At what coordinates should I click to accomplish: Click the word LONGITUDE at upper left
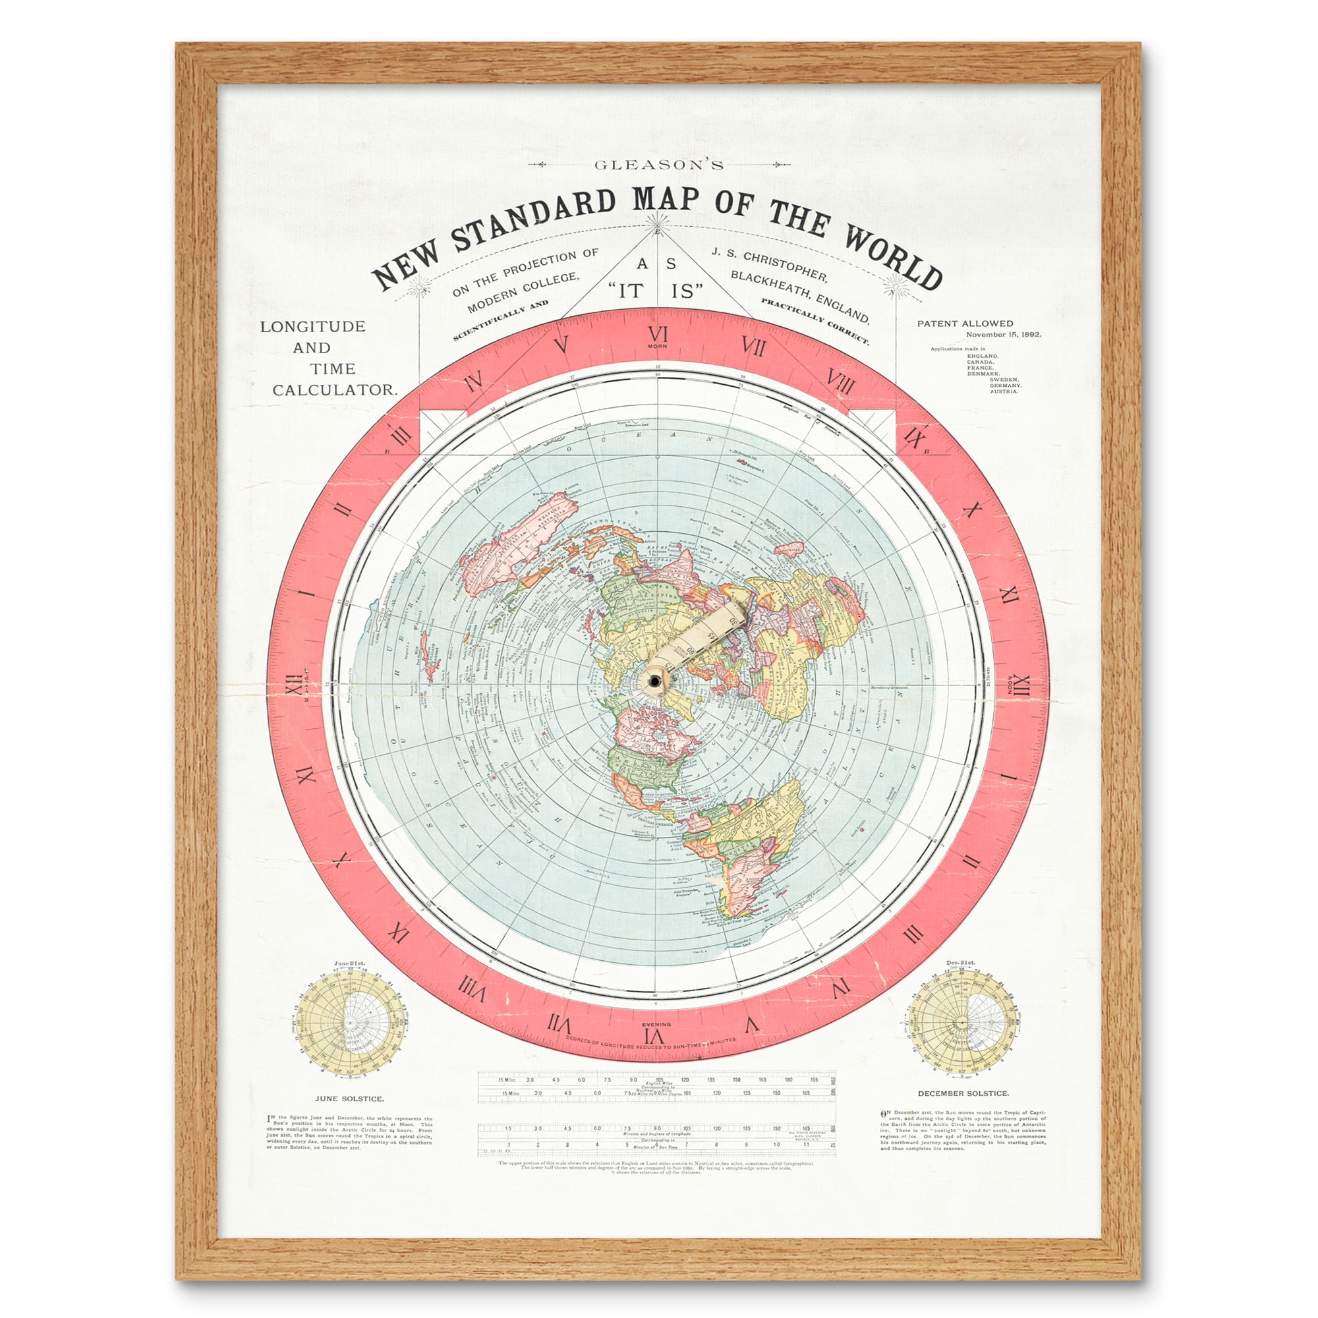[x=312, y=327]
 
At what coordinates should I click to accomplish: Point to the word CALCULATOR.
[x=334, y=390]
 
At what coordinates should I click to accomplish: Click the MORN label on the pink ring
[x=658, y=346]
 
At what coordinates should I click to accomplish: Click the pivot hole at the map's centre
[x=655, y=681]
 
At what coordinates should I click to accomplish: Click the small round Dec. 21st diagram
[x=962, y=1023]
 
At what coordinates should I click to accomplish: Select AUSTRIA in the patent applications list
[x=1004, y=391]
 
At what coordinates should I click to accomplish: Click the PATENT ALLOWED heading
[x=965, y=324]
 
